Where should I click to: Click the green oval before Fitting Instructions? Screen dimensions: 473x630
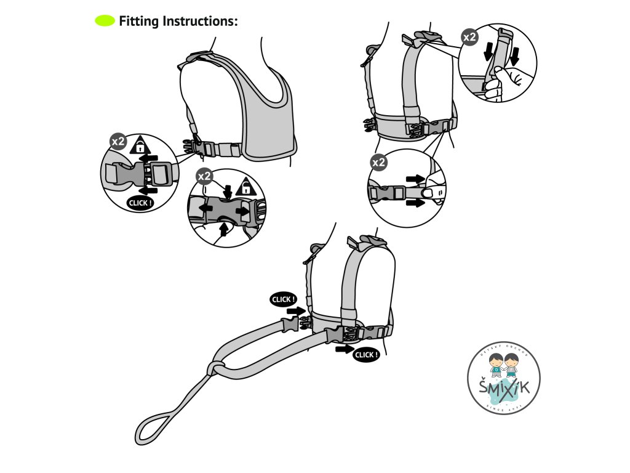pyautogui.click(x=105, y=22)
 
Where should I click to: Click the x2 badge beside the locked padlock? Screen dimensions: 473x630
pyautogui.click(x=118, y=142)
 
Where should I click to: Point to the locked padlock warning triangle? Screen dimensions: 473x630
pyautogui.click(x=141, y=145)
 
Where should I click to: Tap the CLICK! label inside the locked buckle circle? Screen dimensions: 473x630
pyautogui.click(x=138, y=202)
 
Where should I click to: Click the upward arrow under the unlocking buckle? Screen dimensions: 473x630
pyautogui.click(x=223, y=228)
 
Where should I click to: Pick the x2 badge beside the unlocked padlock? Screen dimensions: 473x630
pyautogui.click(x=204, y=177)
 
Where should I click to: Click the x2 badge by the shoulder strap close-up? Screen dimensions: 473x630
pyautogui.click(x=469, y=38)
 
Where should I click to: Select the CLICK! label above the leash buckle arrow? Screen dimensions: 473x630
pyautogui.click(x=283, y=299)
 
